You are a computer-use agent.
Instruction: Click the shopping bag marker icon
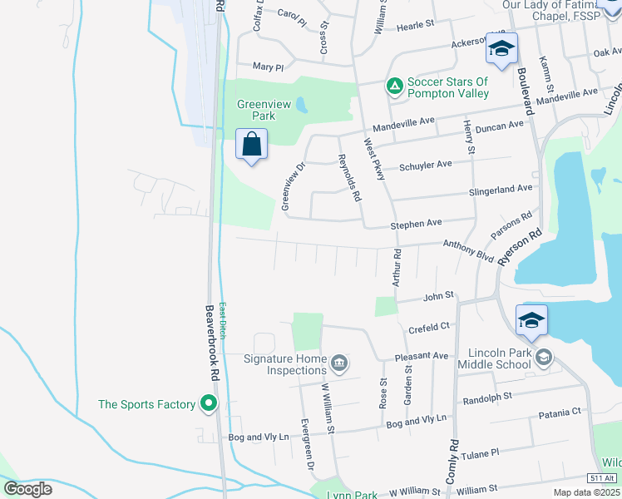[x=251, y=146]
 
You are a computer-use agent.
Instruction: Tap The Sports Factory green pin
[x=209, y=404]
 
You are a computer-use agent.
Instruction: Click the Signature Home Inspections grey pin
[x=339, y=363]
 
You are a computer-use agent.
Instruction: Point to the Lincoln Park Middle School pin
[x=543, y=358]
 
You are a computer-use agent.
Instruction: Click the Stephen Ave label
[x=416, y=225]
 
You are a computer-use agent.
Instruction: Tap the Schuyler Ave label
[x=425, y=165]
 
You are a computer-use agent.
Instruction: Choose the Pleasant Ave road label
[x=422, y=356]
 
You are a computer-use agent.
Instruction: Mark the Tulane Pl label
[x=482, y=452]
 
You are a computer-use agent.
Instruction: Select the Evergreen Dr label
[x=308, y=453]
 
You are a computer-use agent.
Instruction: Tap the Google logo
[x=27, y=489]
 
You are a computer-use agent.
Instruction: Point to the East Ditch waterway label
[x=223, y=320]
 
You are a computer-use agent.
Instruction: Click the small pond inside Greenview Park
[x=301, y=106]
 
